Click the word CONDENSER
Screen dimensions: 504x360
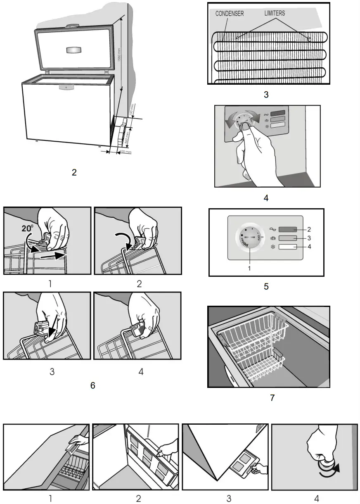point(230,14)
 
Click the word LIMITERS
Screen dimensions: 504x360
point(275,13)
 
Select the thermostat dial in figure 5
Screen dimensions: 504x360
point(246,238)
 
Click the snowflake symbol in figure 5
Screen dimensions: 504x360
point(272,247)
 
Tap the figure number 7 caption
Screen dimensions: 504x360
point(272,398)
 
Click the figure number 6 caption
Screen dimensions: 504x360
point(92,385)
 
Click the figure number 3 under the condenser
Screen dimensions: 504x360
point(266,95)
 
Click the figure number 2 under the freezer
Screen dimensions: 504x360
point(74,172)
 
